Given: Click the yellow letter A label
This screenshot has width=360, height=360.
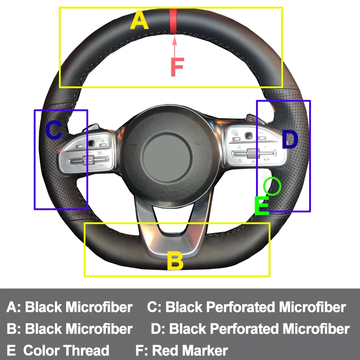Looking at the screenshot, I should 139,21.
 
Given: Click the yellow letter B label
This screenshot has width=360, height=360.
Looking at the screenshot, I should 175,261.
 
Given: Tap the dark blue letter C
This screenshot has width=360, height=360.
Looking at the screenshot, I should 54,130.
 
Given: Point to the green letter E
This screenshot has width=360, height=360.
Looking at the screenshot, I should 261,206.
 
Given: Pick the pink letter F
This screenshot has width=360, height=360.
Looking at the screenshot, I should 177,67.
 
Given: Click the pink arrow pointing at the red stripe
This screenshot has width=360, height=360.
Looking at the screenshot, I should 174,45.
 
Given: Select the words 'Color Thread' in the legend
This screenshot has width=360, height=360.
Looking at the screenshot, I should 66,350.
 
